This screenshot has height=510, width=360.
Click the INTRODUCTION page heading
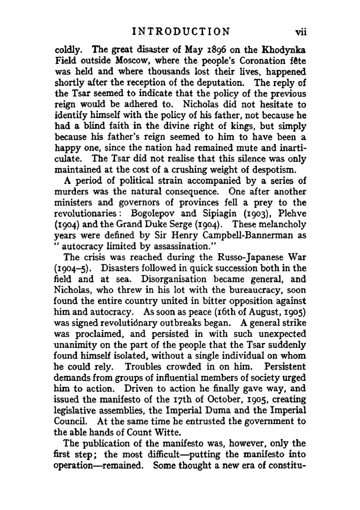point(181,31)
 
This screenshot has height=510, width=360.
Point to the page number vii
point(300,32)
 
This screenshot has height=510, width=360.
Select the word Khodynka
point(285,50)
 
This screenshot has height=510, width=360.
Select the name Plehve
point(291,213)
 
